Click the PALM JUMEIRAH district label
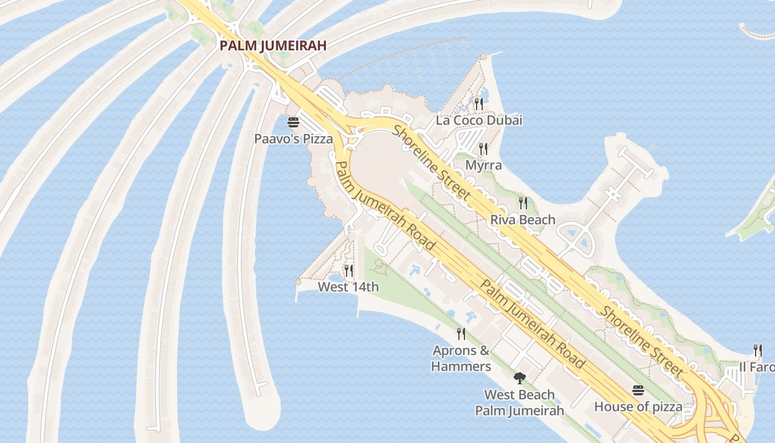pyautogui.click(x=273, y=45)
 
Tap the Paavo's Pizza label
pyautogui.click(x=293, y=138)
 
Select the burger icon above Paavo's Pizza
pyautogui.click(x=293, y=122)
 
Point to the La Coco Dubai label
pyautogui.click(x=479, y=120)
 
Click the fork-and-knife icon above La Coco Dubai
pyautogui.click(x=479, y=104)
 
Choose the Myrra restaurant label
pyautogui.click(x=483, y=165)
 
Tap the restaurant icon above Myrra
pyautogui.click(x=483, y=148)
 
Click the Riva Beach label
pyautogui.click(x=523, y=220)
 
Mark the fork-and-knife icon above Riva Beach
pyautogui.click(x=523, y=203)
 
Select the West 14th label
pyautogui.click(x=348, y=287)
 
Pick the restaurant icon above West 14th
pyautogui.click(x=348, y=270)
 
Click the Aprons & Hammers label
pyautogui.click(x=461, y=358)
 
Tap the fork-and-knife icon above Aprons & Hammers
pyautogui.click(x=461, y=333)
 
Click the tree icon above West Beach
pyautogui.click(x=519, y=378)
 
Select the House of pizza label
pyautogui.click(x=638, y=406)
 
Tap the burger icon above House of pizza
pyautogui.click(x=638, y=390)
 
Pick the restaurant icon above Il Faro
pyautogui.click(x=757, y=350)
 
